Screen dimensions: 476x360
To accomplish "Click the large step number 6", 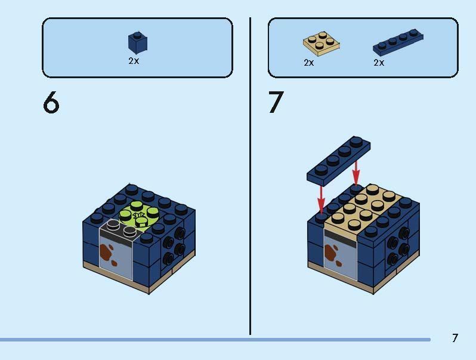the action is (51, 102).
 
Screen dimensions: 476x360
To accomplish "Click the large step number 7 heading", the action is (276, 102).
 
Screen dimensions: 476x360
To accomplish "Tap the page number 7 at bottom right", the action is (455, 338).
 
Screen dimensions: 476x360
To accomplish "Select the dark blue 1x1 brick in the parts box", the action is (138, 42).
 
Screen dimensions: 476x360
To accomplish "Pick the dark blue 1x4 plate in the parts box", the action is (398, 42).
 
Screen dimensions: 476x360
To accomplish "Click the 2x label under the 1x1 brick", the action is (134, 61).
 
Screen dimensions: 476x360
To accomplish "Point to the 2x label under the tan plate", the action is (309, 63).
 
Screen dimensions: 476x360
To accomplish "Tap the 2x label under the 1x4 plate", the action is (379, 63).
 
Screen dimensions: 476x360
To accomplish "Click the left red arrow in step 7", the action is (321, 199).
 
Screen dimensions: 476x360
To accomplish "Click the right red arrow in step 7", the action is (356, 172).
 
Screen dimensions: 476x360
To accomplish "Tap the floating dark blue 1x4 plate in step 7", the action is (338, 161).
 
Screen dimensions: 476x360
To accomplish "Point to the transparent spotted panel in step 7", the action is (341, 254).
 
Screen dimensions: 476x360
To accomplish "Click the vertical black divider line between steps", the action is (250, 176).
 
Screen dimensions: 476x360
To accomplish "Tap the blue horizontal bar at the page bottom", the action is (215, 340).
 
